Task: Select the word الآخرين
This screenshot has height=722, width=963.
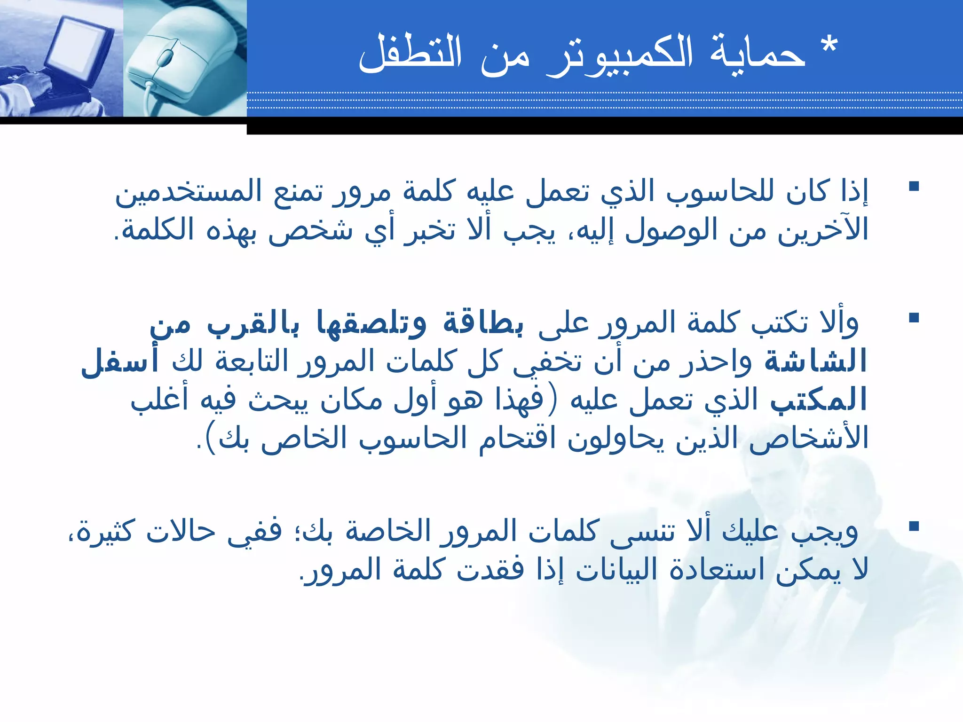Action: tap(823, 230)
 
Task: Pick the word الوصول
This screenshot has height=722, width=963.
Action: tap(672, 230)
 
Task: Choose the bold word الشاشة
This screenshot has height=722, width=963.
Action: tap(815, 362)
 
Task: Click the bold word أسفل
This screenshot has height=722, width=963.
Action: tap(120, 362)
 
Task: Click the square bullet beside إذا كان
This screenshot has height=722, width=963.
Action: tap(914, 187)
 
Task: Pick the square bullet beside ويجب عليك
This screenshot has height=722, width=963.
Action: tap(914, 526)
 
